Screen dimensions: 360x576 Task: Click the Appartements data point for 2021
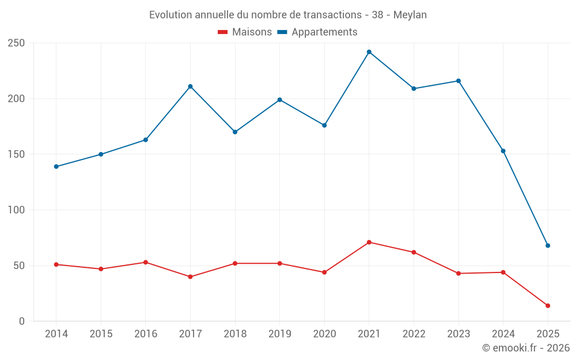tap(369, 52)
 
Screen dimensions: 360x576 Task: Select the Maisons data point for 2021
tap(369, 242)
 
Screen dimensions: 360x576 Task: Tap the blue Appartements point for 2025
tap(548, 245)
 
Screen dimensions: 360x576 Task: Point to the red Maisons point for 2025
tap(548, 306)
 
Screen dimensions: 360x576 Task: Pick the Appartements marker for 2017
tap(190, 86)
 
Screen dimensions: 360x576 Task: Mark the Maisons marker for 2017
tap(190, 276)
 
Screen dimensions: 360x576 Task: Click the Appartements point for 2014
tap(56, 166)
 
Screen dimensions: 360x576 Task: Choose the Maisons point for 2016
tap(146, 262)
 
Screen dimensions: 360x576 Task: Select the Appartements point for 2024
tap(503, 151)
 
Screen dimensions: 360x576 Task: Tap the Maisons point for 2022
tap(414, 252)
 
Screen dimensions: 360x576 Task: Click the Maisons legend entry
tap(245, 32)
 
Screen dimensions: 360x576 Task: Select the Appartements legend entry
tap(317, 32)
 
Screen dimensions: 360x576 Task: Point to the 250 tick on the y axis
tap(16, 43)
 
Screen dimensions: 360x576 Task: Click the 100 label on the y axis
tap(16, 210)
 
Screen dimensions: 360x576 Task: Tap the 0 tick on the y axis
tap(21, 321)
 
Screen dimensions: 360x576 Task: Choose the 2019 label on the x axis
tap(279, 334)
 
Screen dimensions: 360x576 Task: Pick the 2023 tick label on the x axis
tap(458, 334)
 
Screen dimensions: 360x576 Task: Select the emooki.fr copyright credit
tap(525, 348)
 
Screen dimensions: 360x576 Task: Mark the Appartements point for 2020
tap(324, 125)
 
